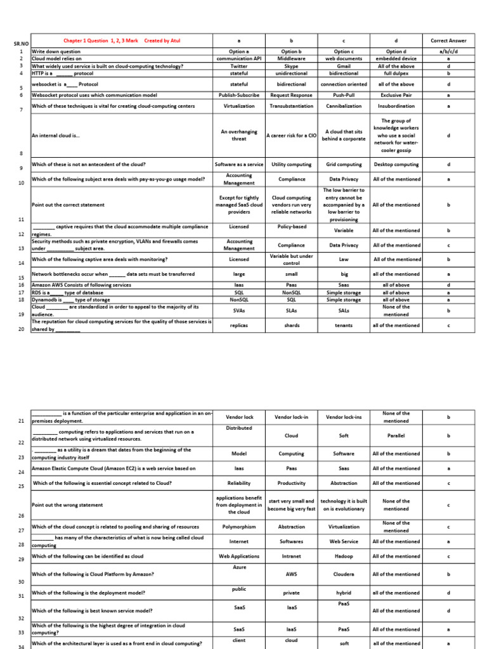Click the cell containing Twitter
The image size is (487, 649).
point(239,65)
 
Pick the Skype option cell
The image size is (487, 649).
point(292,65)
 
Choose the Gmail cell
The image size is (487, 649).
point(342,65)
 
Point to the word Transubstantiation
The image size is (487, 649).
point(292,106)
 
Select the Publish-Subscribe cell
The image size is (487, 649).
point(239,95)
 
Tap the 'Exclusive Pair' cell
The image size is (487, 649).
point(396,95)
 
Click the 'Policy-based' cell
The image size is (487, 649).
point(292,226)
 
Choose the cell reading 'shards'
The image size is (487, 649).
point(292,325)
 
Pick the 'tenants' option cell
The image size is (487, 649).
point(343,325)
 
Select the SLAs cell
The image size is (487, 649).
point(292,311)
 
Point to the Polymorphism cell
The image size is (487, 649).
point(239,527)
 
